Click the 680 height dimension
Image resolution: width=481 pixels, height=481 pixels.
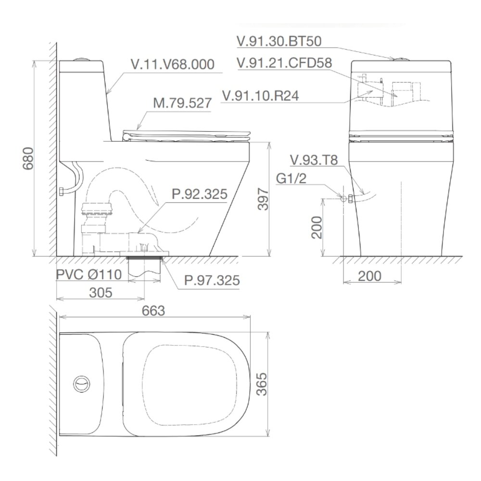(28, 159)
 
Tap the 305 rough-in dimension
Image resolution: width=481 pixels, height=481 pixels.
(100, 292)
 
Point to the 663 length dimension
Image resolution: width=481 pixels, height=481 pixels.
(153, 311)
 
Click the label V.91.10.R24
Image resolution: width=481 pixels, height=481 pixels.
(260, 96)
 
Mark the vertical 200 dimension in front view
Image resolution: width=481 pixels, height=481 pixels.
(316, 227)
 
